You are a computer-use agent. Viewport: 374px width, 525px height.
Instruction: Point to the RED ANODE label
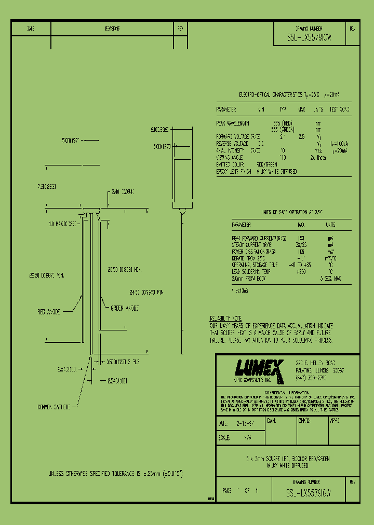49,311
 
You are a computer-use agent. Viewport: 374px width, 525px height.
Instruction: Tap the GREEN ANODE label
125,308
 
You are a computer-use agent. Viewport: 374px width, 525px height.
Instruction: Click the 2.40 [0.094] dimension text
123,191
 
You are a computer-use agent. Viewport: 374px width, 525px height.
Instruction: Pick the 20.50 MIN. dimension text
124,270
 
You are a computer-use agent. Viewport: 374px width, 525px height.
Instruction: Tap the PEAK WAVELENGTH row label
233,123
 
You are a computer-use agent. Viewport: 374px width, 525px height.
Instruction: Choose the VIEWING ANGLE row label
231,157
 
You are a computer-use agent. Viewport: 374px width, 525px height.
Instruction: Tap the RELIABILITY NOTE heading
225,318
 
